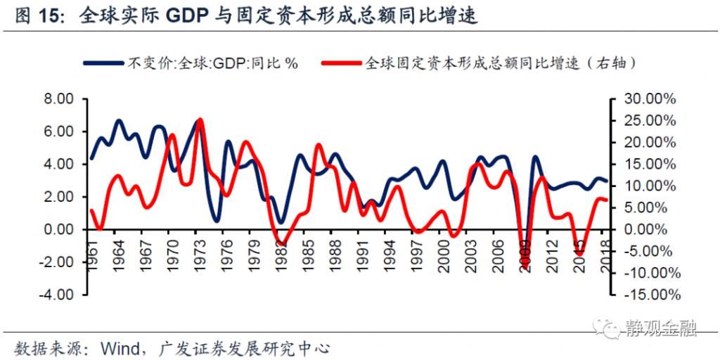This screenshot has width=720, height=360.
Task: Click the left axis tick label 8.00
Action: click(x=60, y=99)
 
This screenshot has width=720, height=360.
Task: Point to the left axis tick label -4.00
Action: click(x=58, y=295)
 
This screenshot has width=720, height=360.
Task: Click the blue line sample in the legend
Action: click(x=103, y=63)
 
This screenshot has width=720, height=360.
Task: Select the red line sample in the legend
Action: click(x=342, y=63)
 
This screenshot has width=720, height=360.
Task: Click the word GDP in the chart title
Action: click(x=188, y=15)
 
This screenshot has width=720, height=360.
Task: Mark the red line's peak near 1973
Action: click(x=200, y=120)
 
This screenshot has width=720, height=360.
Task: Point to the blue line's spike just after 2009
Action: click(x=536, y=157)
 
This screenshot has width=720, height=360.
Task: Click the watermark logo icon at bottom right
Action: click(x=606, y=326)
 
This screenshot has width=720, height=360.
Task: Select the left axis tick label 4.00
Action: click(x=60, y=165)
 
